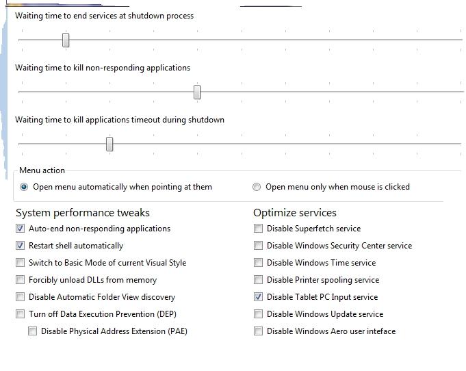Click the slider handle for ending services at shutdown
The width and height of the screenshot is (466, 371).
[x=66, y=40]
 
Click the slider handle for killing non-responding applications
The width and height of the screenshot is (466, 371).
[x=197, y=92]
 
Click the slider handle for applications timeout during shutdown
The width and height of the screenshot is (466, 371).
[x=109, y=144]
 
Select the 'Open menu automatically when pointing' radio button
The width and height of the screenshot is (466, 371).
[x=25, y=187]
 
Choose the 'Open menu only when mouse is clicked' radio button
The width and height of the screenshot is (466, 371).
[x=257, y=187]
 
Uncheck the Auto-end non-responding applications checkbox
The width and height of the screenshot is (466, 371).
[x=21, y=229]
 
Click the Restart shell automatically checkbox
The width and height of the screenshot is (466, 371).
[x=21, y=246]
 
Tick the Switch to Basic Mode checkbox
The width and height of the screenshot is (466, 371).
[x=21, y=263]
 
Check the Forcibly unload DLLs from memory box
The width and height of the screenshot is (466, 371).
[x=21, y=280]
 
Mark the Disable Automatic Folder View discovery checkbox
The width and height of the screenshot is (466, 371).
[x=21, y=297]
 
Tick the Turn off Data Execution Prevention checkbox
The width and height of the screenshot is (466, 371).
[x=21, y=314]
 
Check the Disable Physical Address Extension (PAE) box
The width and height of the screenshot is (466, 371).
[x=33, y=331]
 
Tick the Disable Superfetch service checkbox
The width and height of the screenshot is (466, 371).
[x=259, y=229]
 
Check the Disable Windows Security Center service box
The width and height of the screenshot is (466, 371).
[x=259, y=246]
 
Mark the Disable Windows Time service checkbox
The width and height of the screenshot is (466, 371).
[x=259, y=263]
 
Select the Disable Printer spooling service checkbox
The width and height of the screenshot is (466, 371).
[x=259, y=280]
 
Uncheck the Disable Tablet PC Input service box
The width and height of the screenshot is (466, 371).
[x=259, y=297]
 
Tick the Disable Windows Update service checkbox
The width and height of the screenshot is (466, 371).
[x=259, y=314]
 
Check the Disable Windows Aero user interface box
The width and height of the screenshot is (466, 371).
[x=259, y=331]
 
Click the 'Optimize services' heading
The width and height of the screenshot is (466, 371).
[x=295, y=213]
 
